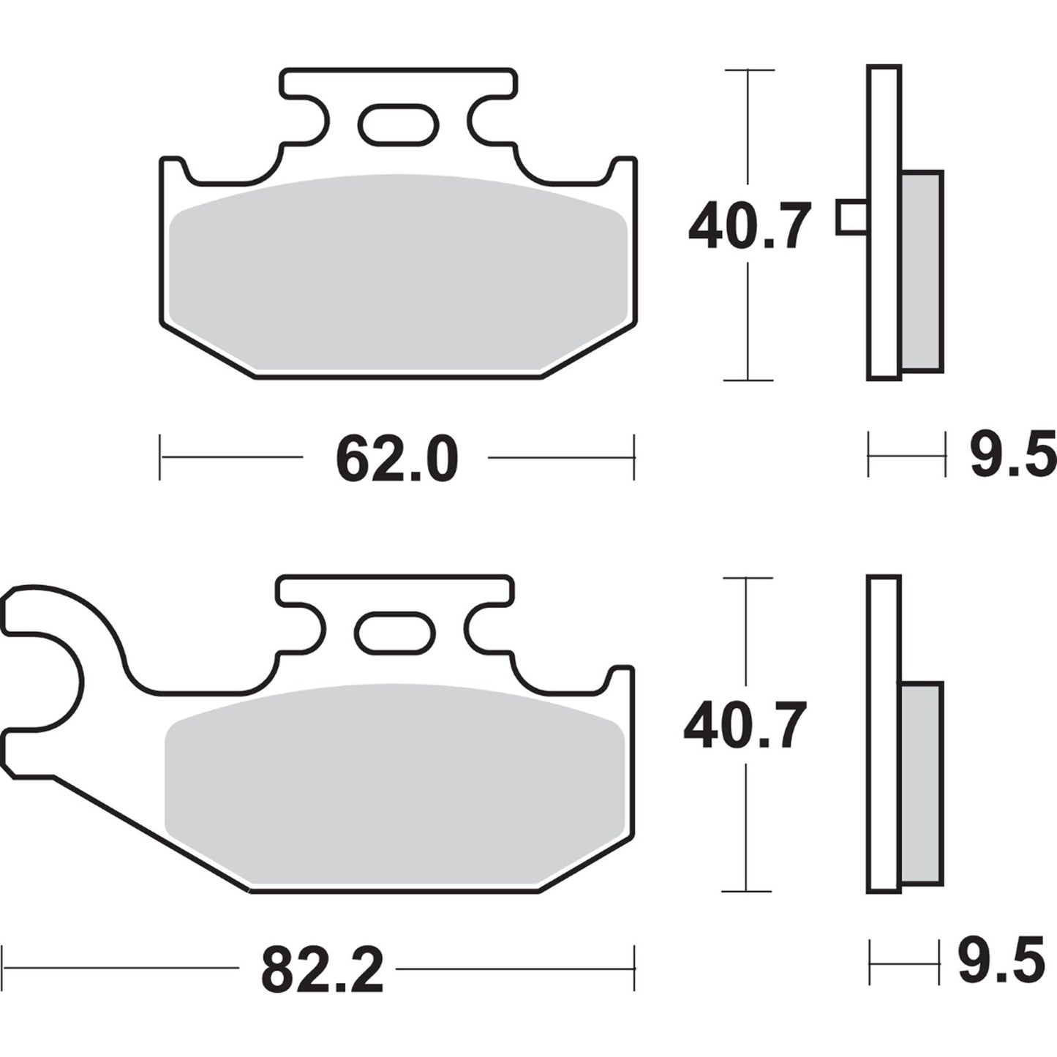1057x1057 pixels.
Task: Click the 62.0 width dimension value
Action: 396,459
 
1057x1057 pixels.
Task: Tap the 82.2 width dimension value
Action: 322,970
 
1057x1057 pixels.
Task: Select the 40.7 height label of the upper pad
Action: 749,227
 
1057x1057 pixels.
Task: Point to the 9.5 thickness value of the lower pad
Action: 1001,963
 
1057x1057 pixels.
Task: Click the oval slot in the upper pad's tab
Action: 398,124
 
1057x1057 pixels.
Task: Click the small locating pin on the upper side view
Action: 851,217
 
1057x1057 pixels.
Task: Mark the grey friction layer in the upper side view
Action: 922,271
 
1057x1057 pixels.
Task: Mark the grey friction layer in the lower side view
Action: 922,783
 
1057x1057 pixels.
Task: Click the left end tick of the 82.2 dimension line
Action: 4,968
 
